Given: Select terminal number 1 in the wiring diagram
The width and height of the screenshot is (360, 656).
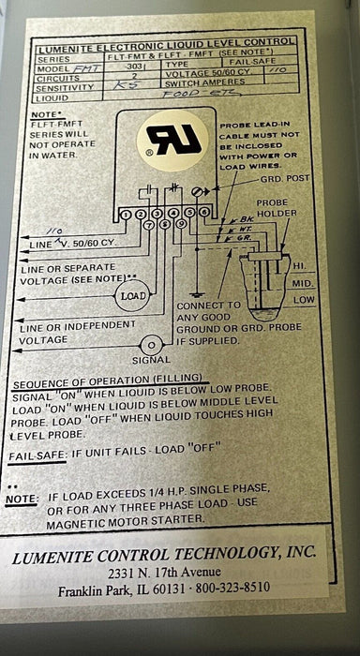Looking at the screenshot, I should (x=127, y=215).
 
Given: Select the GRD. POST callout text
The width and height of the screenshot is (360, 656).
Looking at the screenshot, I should (x=281, y=178).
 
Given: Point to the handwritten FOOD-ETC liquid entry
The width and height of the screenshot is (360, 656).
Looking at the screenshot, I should (x=186, y=94).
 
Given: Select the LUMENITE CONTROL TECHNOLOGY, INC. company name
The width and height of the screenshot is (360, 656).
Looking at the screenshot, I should (x=165, y=553).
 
